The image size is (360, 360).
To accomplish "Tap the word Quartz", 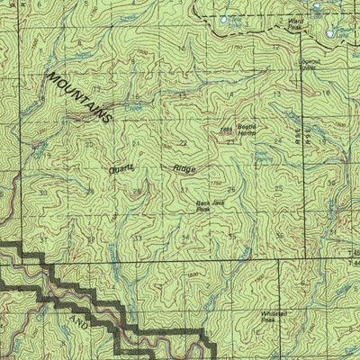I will coord(121,167).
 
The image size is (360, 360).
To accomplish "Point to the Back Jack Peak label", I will coord(211,206).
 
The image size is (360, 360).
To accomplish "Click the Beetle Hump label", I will coord(247,130).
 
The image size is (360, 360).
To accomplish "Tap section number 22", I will coord(183,143).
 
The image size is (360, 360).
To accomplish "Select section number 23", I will coord(230,142).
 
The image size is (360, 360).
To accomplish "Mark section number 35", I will coord(231,236).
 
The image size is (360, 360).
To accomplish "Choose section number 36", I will coord(278,236).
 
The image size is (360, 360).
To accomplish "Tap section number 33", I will coord(137,237).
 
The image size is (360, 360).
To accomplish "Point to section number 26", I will coord(231,189).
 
